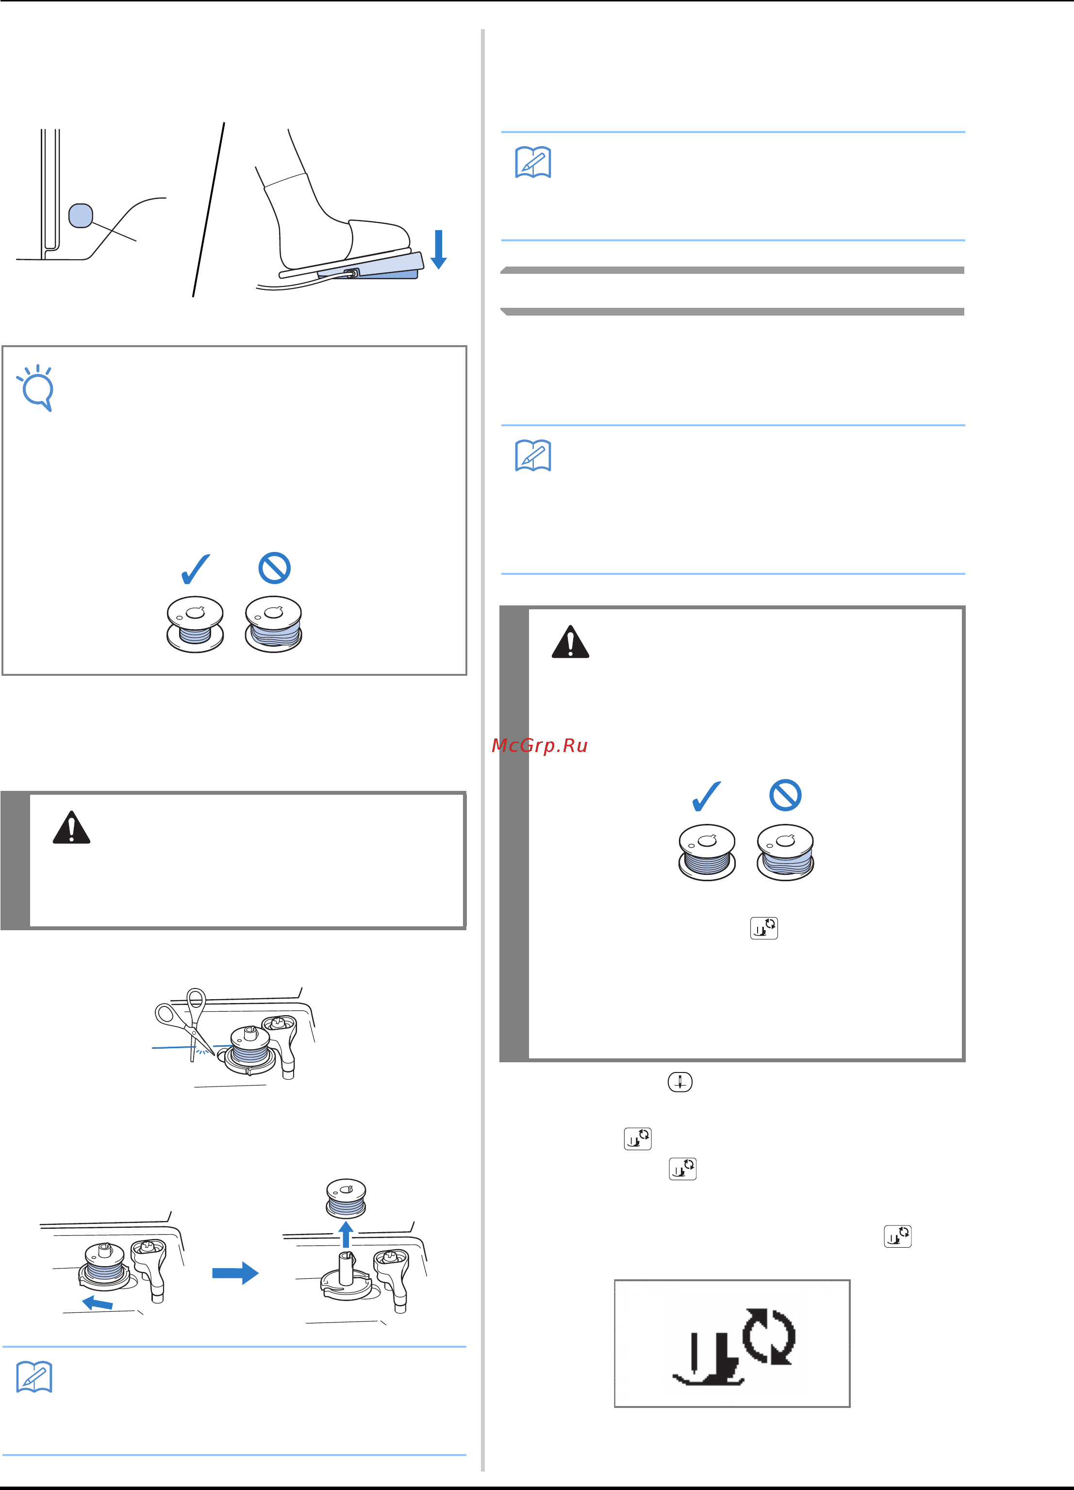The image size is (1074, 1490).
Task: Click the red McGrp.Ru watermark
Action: [x=539, y=746]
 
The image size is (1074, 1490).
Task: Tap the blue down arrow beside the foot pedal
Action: [x=439, y=250]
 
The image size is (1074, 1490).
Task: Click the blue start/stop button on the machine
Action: [x=81, y=216]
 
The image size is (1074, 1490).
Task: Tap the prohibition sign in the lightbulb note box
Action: [x=275, y=568]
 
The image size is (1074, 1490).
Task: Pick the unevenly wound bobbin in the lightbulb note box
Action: [x=273, y=624]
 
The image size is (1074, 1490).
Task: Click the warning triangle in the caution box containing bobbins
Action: [x=570, y=642]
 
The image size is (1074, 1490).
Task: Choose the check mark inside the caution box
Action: [x=707, y=796]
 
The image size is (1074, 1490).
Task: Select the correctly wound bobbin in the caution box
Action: [x=707, y=852]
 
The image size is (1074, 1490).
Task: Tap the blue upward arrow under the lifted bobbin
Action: [x=346, y=1235]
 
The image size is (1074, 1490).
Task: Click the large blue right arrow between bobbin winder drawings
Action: [x=235, y=1273]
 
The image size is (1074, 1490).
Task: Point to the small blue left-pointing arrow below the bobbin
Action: [x=97, y=1303]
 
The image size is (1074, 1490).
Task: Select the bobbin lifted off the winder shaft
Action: [x=346, y=1198]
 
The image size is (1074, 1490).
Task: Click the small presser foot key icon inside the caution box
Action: [x=764, y=928]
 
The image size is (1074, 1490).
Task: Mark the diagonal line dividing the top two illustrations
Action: [x=209, y=210]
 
